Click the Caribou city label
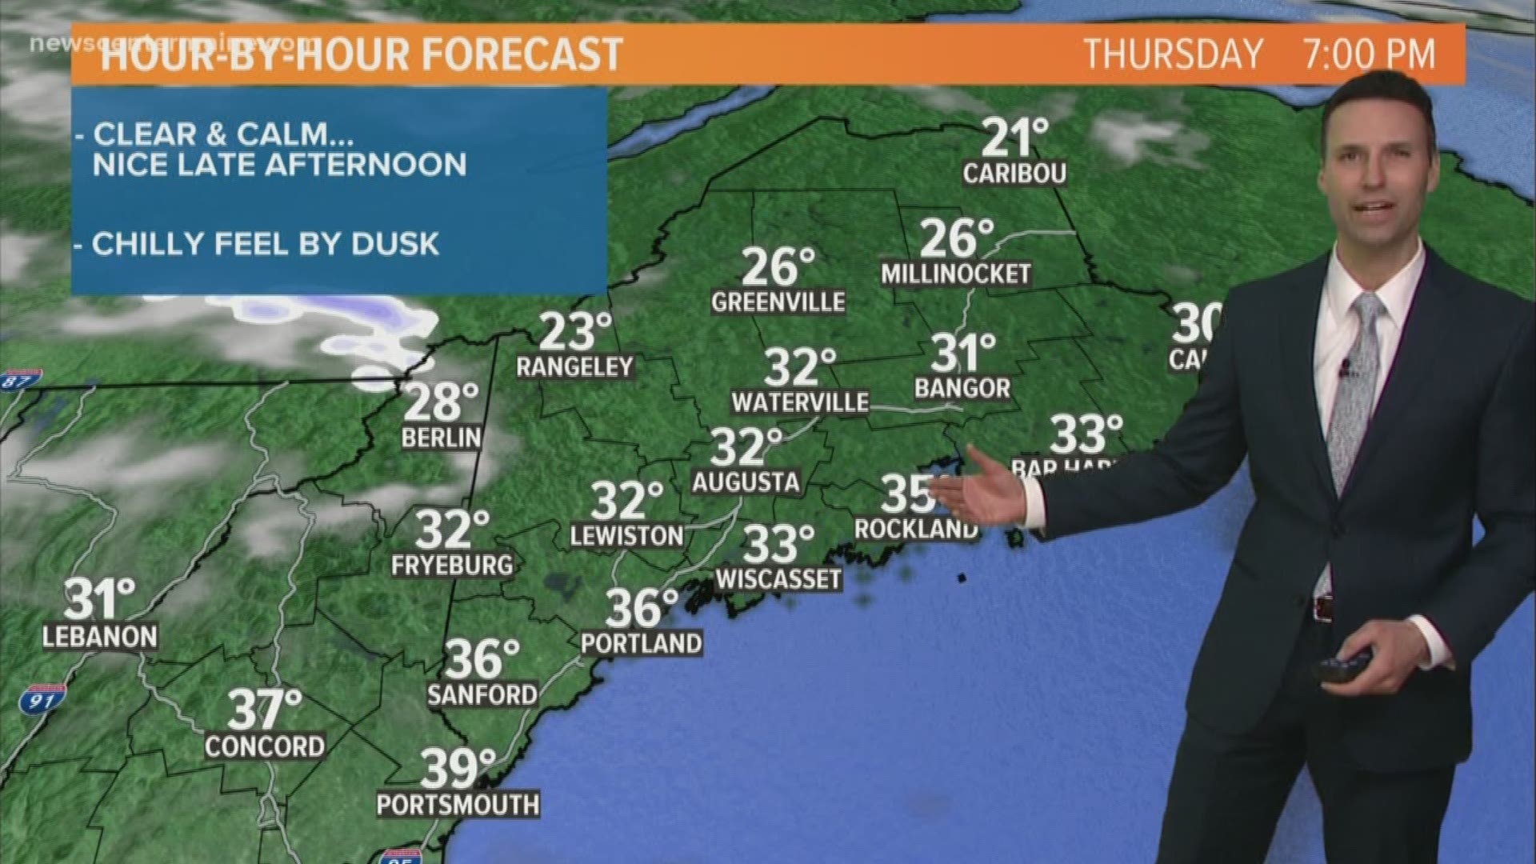pos(1014,174)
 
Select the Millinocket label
pos(955,274)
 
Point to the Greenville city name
pos(778,302)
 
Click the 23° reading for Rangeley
pos(574,332)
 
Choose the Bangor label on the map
pos(962,388)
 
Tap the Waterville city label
pos(800,402)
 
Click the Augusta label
pos(746,482)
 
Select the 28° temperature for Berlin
pos(441,402)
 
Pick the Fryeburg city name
pos(452,565)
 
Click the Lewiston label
pos(626,535)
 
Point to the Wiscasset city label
pos(778,578)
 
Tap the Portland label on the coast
pos(641,642)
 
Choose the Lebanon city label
pos(100,637)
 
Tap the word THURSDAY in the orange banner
pos(1173,54)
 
